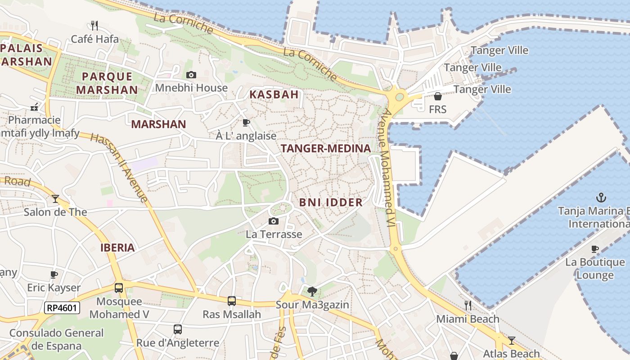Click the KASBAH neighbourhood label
pos(274,94)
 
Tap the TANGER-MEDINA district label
pos(326,148)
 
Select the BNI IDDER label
pos(331,202)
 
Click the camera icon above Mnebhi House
pos(191,75)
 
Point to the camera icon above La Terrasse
pos(273,221)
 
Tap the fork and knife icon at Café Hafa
pos(94,25)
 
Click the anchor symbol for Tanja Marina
pos(601,197)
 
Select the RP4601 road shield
pos(62,308)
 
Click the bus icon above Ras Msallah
pos(232,301)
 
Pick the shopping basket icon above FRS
pos(437,96)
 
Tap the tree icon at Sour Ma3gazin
pos(312,291)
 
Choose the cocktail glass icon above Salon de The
pos(55,198)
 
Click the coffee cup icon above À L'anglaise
pos(246,122)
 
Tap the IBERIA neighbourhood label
pos(117,247)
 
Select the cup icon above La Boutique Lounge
pos(595,249)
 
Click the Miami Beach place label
pos(468,319)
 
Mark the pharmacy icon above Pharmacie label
pos(34,107)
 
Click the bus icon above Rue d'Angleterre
pos(178,329)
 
